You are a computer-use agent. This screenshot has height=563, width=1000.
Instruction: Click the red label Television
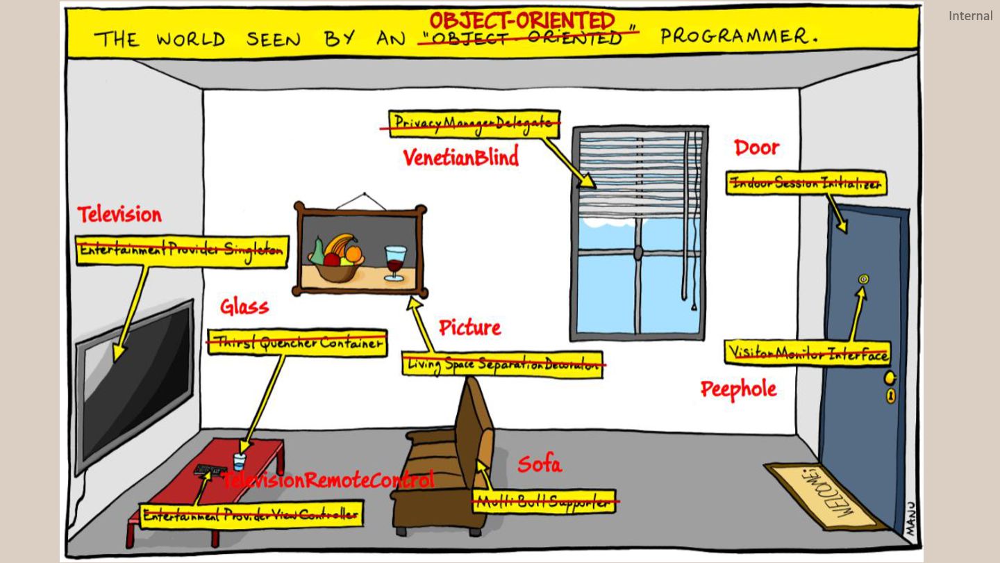(x=119, y=215)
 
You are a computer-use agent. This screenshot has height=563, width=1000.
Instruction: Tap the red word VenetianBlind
(x=461, y=158)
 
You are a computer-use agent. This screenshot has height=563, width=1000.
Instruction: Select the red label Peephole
(x=738, y=389)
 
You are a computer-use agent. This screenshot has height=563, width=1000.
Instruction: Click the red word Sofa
(x=539, y=464)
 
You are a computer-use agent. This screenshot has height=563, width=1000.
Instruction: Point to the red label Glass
(x=244, y=307)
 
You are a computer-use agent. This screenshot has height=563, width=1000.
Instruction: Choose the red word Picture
(x=469, y=327)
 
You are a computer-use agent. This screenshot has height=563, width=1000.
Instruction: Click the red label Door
(x=757, y=147)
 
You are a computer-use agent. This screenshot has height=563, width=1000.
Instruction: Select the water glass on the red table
(x=239, y=462)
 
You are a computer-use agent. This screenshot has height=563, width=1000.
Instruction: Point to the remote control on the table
(x=208, y=471)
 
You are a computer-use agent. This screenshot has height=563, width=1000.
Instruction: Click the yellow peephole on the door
(x=863, y=279)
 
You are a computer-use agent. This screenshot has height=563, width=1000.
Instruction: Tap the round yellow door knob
(x=888, y=377)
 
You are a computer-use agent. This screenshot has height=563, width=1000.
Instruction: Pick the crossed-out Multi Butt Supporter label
(x=544, y=501)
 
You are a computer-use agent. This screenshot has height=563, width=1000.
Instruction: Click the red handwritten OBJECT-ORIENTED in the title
(x=522, y=20)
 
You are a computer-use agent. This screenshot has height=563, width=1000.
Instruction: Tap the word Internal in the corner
(x=970, y=15)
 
